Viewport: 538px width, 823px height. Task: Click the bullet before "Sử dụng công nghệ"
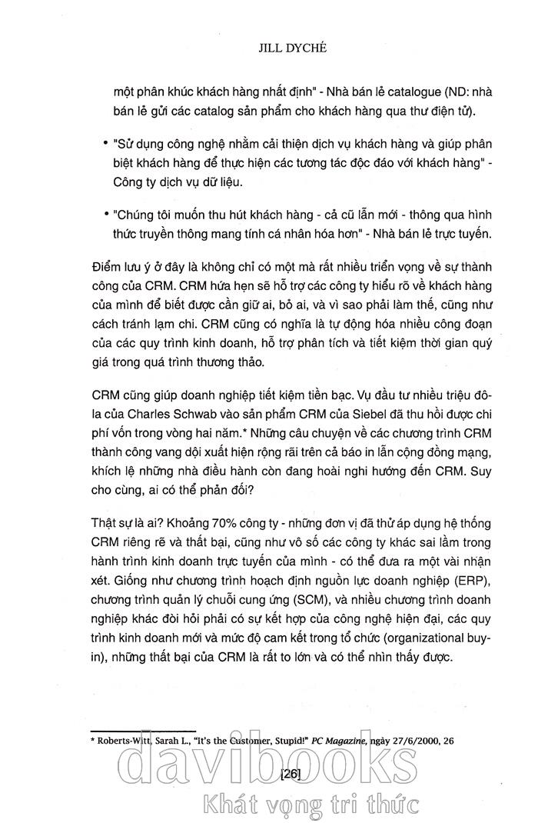[105, 145]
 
